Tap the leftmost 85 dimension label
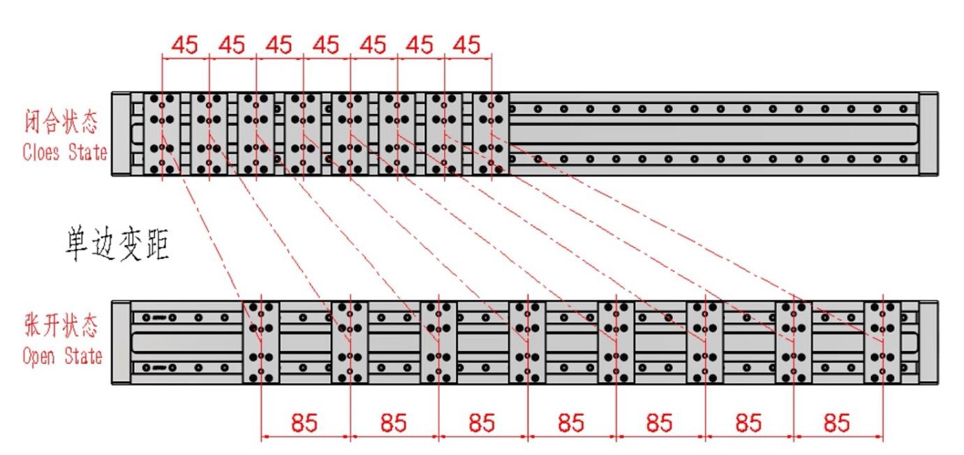304,422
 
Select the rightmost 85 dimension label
837,422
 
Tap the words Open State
62,356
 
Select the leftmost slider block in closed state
163,134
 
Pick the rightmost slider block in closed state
491,134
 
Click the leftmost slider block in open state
261,342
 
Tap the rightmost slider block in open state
882,342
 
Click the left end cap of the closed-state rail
121,134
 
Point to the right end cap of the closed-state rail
928,134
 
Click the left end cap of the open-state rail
121,342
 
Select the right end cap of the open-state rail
928,342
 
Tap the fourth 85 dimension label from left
571,422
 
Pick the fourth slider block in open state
528,342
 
